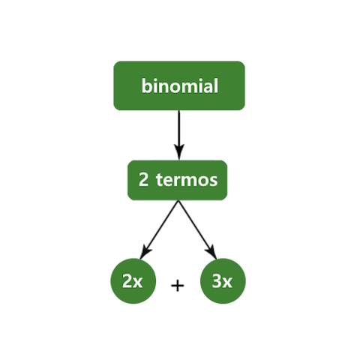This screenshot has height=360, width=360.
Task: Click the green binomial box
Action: pyautogui.click(x=179, y=85)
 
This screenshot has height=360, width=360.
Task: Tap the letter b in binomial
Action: pyautogui.click(x=147, y=85)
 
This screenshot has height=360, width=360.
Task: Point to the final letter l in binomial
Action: pyautogui.click(x=216, y=85)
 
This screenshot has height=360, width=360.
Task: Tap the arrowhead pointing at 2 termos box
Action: pyautogui.click(x=179, y=152)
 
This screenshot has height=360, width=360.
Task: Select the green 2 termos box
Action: pyautogui.click(x=178, y=180)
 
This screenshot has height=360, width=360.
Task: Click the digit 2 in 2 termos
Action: pyautogui.click(x=143, y=179)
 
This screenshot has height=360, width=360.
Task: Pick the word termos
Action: pyautogui.click(x=187, y=180)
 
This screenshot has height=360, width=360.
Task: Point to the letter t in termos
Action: pyautogui.click(x=160, y=180)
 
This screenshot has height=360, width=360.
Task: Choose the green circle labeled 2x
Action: pyautogui.click(x=133, y=281)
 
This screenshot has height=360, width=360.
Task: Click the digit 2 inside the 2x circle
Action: pyautogui.click(x=127, y=280)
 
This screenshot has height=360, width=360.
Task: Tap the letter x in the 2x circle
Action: pyautogui.click(x=137, y=283)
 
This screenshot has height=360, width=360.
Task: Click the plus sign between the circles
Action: pyautogui.click(x=178, y=286)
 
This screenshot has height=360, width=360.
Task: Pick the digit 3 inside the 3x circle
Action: pyautogui.click(x=217, y=280)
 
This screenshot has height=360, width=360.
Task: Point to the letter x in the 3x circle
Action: pyautogui.click(x=226, y=283)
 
